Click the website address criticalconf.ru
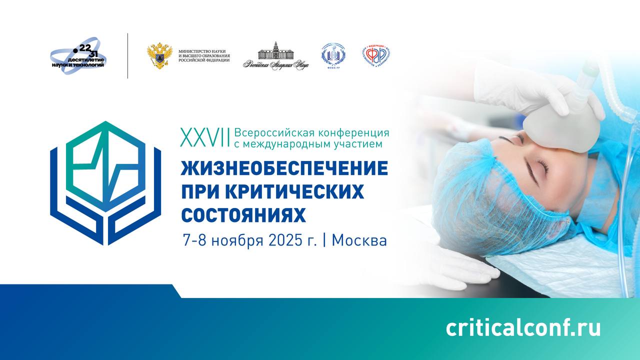point(523,328)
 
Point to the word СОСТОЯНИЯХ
point(243,215)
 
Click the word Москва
point(359,240)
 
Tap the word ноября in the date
point(235,241)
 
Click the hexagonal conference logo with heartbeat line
point(105,183)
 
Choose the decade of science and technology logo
point(79,55)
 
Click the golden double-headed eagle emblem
point(159,55)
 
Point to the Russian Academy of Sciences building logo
point(275,56)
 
